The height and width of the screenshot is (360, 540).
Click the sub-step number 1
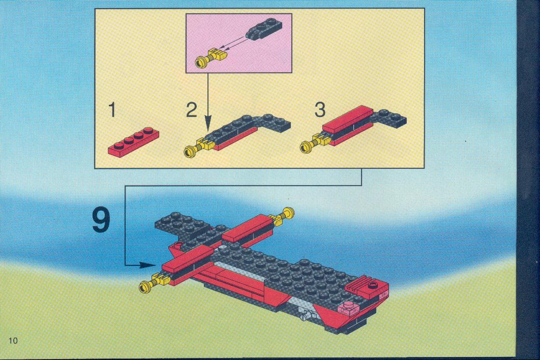tap(112, 109)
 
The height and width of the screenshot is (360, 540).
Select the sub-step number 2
tap(192, 109)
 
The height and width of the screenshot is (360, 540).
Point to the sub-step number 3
tap(320, 109)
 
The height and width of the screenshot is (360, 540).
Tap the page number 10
tap(13, 341)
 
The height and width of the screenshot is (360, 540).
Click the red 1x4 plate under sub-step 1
tap(134, 141)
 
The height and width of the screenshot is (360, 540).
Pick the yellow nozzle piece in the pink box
tap(209, 57)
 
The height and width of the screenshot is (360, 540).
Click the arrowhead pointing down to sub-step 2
tap(207, 124)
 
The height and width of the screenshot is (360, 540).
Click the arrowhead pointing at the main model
tap(148, 265)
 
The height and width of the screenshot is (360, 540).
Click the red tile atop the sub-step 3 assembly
tap(347, 119)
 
